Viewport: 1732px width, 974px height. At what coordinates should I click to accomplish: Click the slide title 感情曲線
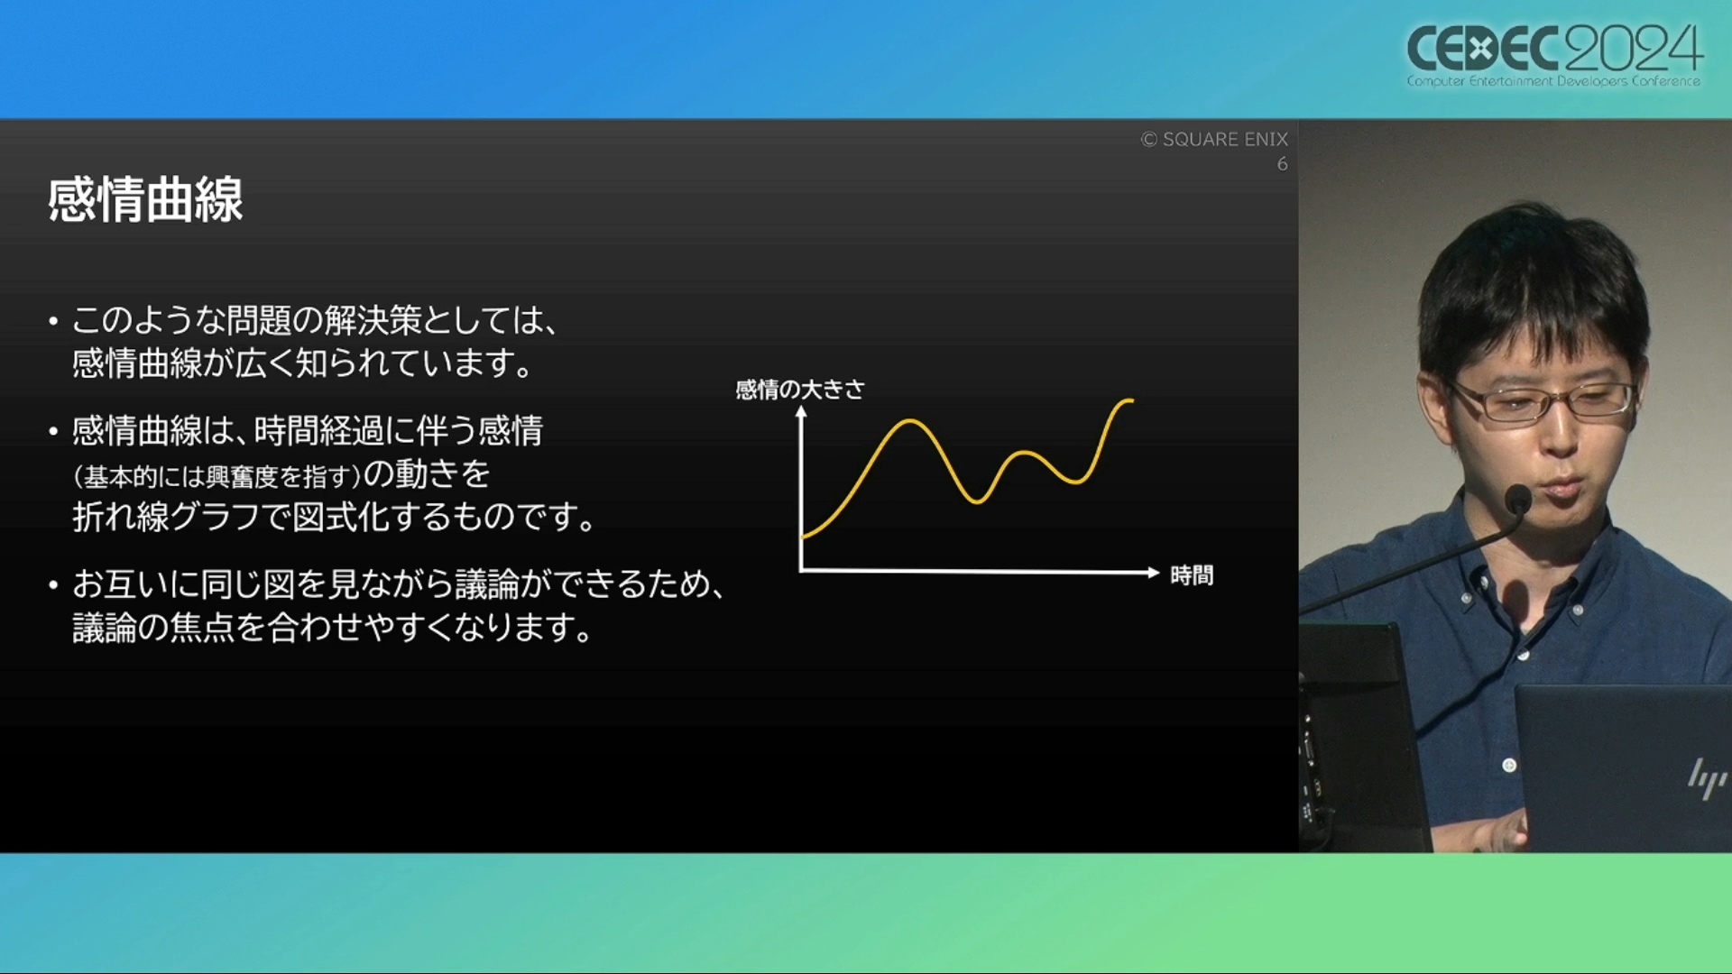(x=145, y=199)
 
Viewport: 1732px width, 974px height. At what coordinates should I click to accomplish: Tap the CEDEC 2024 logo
(x=1554, y=55)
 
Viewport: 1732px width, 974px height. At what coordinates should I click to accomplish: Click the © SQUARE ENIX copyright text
(x=1214, y=139)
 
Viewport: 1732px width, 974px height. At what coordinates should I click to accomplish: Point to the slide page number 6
(x=1282, y=164)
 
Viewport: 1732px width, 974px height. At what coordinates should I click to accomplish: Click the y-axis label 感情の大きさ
(x=800, y=390)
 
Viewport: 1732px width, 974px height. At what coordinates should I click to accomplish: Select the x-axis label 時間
(x=1192, y=574)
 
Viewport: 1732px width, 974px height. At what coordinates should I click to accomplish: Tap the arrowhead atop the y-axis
(x=800, y=412)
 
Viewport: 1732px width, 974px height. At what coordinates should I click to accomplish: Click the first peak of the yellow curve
(x=909, y=421)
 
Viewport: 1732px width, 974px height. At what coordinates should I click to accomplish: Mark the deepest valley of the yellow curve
(x=976, y=501)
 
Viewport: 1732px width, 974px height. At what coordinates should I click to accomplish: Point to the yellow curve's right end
(x=1131, y=400)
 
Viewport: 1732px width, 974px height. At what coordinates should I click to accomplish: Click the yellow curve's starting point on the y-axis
(x=803, y=538)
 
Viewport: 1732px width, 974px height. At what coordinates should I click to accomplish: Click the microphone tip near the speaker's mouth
(x=1517, y=499)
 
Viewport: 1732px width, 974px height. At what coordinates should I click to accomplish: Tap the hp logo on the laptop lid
(x=1706, y=777)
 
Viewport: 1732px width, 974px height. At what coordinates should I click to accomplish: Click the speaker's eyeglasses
(x=1543, y=400)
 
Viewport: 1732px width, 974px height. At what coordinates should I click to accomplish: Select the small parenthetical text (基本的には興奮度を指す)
(x=217, y=476)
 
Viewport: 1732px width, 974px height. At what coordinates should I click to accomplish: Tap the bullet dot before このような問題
(x=54, y=321)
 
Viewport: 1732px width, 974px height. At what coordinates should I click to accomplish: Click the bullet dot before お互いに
(x=54, y=586)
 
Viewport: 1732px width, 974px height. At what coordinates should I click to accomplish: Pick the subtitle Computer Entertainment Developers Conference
(x=1553, y=81)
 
